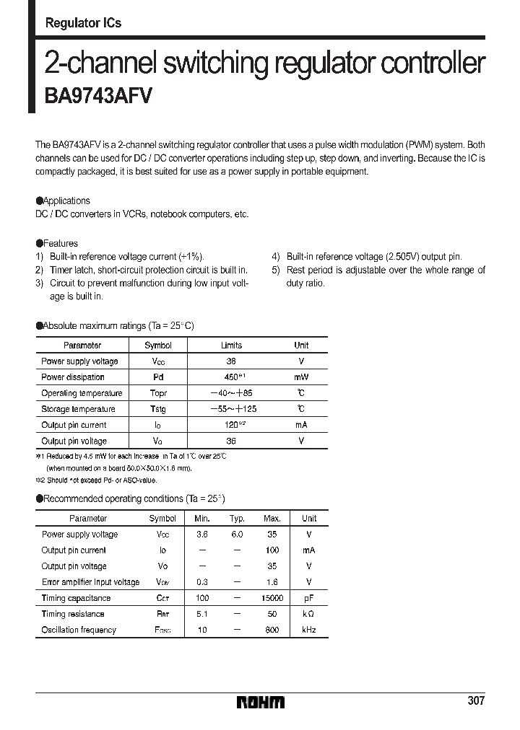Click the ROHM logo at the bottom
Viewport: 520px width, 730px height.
tap(261, 702)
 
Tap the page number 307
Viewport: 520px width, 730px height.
tap(475, 700)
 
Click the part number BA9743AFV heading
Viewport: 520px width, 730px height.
tap(98, 97)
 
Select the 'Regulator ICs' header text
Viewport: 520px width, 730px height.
tap(83, 23)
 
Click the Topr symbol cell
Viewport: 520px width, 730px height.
tap(158, 393)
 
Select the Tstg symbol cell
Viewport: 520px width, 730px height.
tap(158, 409)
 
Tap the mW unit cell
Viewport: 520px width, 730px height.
tap(301, 377)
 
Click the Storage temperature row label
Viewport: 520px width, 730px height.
tap(78, 409)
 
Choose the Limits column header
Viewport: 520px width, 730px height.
tap(231, 346)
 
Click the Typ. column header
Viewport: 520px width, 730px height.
tap(237, 519)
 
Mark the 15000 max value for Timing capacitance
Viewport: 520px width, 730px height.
tap(272, 598)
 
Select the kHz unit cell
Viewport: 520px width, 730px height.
tap(309, 630)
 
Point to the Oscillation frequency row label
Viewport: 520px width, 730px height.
tap(79, 630)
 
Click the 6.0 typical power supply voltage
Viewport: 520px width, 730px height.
tap(237, 535)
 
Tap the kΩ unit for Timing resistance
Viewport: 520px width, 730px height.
tap(309, 614)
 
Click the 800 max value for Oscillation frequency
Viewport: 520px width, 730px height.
tap(272, 630)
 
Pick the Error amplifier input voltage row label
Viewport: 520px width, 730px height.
tap(90, 582)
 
